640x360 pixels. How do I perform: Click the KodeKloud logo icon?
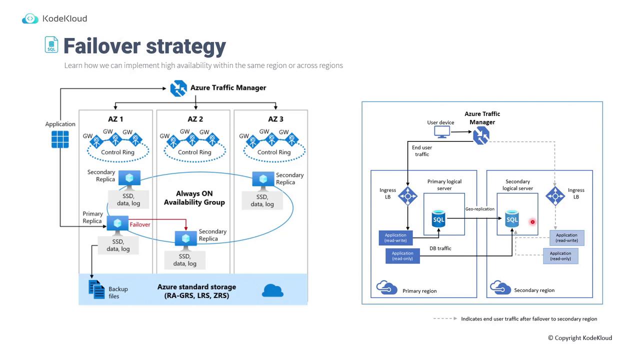click(30, 19)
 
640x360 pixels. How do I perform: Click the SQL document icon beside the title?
click(51, 44)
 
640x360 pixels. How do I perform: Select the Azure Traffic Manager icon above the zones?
click(178, 88)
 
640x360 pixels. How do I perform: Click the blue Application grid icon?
click(60, 139)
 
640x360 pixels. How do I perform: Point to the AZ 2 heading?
click(195, 119)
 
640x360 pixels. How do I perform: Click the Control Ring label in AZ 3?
click(273, 152)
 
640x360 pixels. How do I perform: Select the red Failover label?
click(139, 224)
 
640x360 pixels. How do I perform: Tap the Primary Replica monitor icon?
click(118, 223)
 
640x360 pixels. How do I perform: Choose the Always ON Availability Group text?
click(194, 198)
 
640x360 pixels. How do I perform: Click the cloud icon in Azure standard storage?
click(272, 290)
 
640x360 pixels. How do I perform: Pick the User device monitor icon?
click(442, 132)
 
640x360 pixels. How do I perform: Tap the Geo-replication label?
click(479, 209)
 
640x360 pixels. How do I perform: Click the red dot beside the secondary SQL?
click(532, 221)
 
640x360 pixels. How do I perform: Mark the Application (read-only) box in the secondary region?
click(560, 256)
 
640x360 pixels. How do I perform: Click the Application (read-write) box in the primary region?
click(395, 237)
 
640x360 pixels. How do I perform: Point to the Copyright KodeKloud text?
click(579, 337)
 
